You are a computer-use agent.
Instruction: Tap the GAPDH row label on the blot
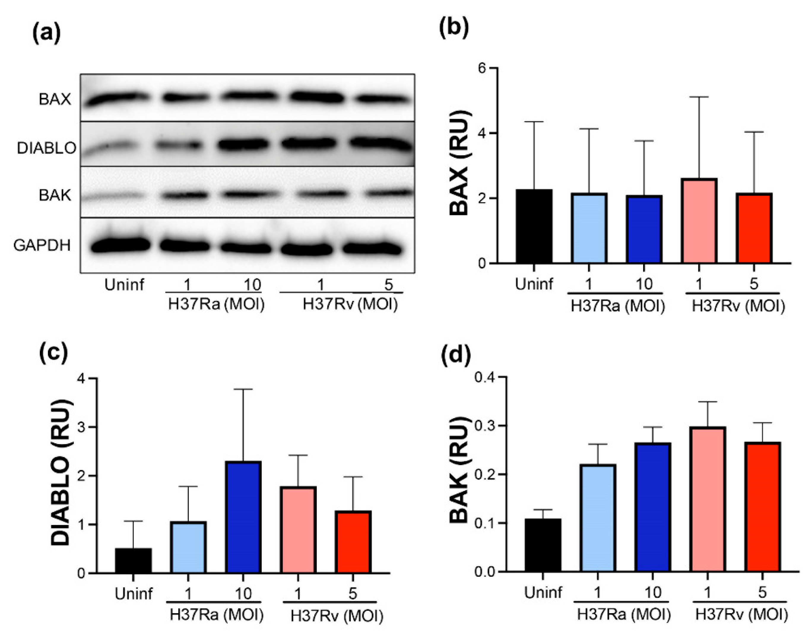point(42,246)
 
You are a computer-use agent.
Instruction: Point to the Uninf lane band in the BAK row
point(114,195)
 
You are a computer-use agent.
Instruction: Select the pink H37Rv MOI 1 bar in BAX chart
point(699,221)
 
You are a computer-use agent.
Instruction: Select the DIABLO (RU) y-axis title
point(60,473)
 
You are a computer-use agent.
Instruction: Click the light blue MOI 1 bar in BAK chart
point(597,518)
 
